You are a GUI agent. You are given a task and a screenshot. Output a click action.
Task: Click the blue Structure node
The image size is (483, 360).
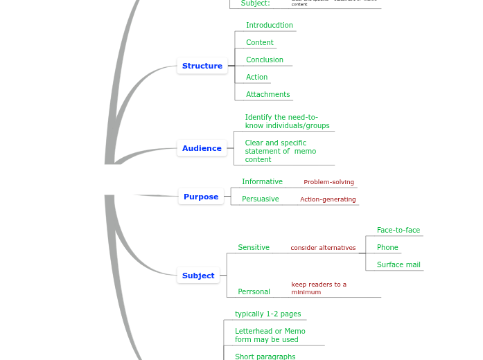202,66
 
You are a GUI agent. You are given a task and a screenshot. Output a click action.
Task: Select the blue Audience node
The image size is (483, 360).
202,148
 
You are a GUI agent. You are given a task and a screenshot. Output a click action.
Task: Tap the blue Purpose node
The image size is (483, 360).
201,197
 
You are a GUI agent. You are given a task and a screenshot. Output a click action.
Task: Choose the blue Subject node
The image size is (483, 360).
198,276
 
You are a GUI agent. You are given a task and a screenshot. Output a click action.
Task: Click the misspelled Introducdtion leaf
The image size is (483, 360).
269,26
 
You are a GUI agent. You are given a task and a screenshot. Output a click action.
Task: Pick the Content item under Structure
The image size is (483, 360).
259,43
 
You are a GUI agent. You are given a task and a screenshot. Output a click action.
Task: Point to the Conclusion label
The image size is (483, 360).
264,60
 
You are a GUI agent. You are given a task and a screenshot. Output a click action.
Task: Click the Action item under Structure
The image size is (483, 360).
256,78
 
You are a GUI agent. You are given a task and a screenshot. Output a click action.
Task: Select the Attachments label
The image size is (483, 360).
267,95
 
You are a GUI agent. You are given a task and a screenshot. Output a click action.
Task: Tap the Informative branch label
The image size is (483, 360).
262,182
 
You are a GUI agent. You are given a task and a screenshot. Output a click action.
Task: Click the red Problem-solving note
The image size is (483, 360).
328,183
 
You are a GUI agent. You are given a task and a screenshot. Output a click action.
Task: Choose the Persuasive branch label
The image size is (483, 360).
260,199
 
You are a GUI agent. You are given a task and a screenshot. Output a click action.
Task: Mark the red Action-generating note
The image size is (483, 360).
328,199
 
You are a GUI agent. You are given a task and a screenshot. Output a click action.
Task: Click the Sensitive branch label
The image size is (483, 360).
254,248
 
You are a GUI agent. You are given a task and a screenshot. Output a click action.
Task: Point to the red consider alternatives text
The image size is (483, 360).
323,248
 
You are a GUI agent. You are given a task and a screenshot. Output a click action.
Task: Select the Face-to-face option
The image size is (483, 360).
398,231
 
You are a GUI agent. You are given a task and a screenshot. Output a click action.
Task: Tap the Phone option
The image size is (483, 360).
387,248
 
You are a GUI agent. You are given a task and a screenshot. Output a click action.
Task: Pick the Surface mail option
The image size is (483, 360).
398,265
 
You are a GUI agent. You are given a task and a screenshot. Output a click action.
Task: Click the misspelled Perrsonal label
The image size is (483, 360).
254,292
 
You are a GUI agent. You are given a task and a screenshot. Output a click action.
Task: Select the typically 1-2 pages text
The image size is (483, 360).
267,314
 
